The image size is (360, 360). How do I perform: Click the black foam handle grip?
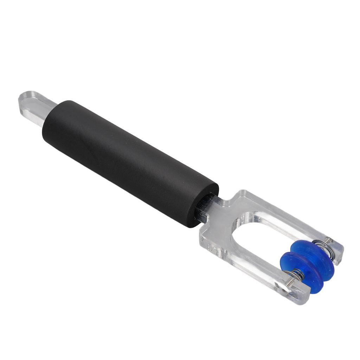tap(130, 162)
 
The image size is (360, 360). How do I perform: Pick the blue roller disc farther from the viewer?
tap(315, 257)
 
